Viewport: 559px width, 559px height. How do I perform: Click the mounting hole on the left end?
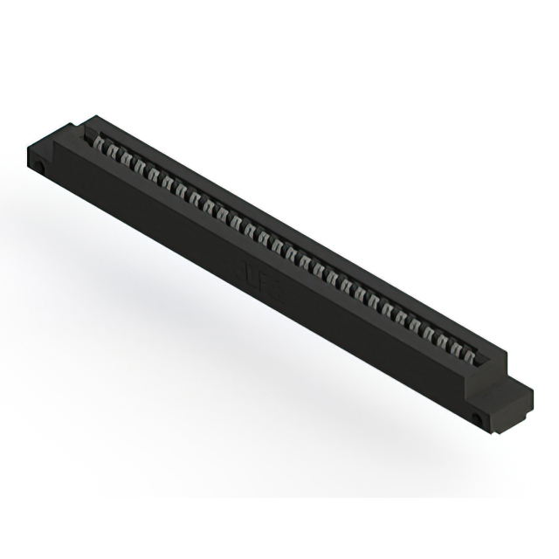coord(40,165)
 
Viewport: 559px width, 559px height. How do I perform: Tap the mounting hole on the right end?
coord(478,418)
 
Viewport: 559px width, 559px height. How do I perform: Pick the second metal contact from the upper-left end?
coord(113,151)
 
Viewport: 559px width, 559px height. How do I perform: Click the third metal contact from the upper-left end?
coord(125,158)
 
